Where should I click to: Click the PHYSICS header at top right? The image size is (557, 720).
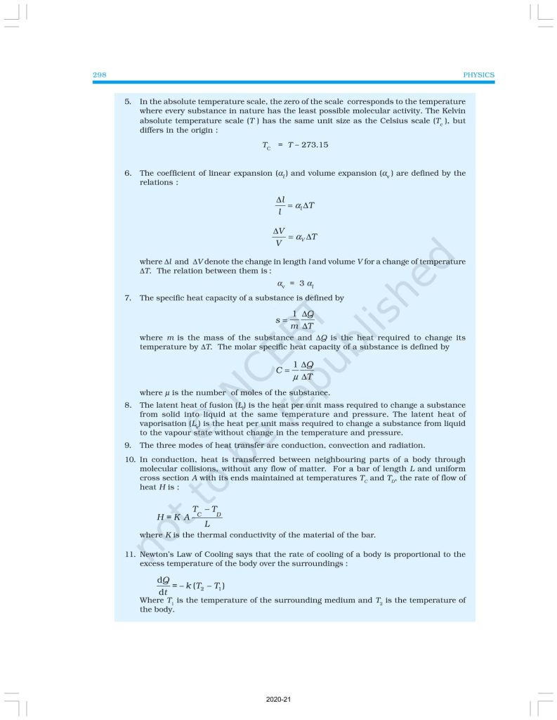coord(479,75)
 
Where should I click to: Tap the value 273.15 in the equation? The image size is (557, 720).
coord(314,145)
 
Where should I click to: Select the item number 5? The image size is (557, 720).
coord(128,102)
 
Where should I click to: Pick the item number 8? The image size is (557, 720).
coord(128,405)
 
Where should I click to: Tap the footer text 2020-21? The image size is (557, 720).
coord(278,700)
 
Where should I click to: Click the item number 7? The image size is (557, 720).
coord(128,298)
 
